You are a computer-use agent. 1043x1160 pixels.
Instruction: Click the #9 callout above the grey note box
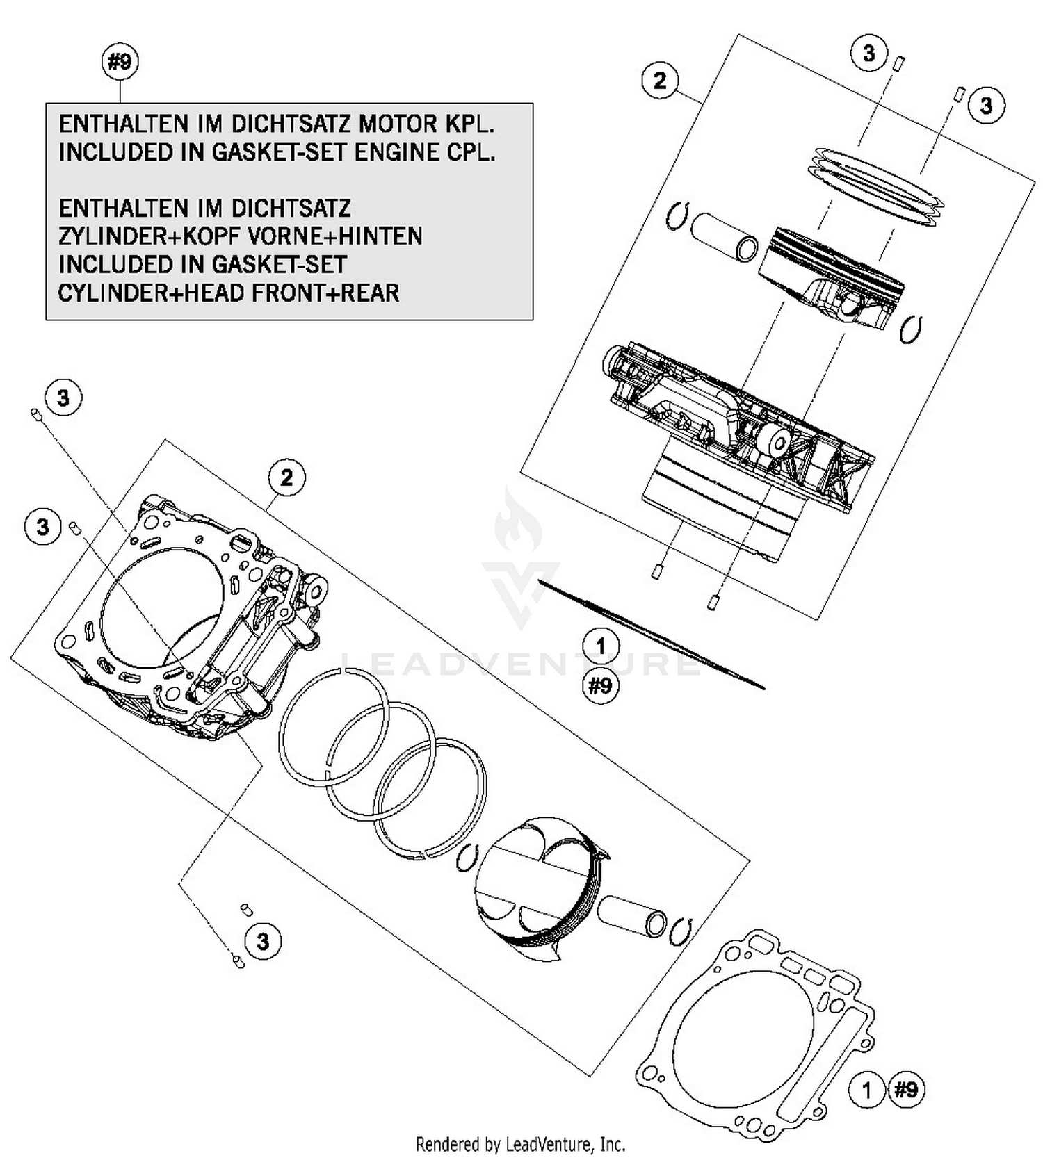coord(120,62)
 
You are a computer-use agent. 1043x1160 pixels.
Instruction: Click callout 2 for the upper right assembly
coord(660,81)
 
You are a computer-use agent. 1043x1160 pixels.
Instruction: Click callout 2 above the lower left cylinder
coord(286,477)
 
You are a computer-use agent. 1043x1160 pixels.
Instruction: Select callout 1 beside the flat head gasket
coord(866,1089)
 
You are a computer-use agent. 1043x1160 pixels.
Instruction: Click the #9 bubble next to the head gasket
coord(907,1089)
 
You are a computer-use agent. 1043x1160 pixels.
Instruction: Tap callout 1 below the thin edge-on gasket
coord(601,646)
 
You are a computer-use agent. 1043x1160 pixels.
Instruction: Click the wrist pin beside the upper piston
coord(723,236)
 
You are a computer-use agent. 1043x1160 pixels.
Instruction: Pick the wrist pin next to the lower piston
coord(632,915)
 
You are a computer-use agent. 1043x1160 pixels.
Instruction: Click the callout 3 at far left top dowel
coord(63,398)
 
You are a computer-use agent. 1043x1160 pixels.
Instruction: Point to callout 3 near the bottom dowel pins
coord(263,942)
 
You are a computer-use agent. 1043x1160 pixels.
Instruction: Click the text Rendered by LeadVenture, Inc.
coord(520,1143)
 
